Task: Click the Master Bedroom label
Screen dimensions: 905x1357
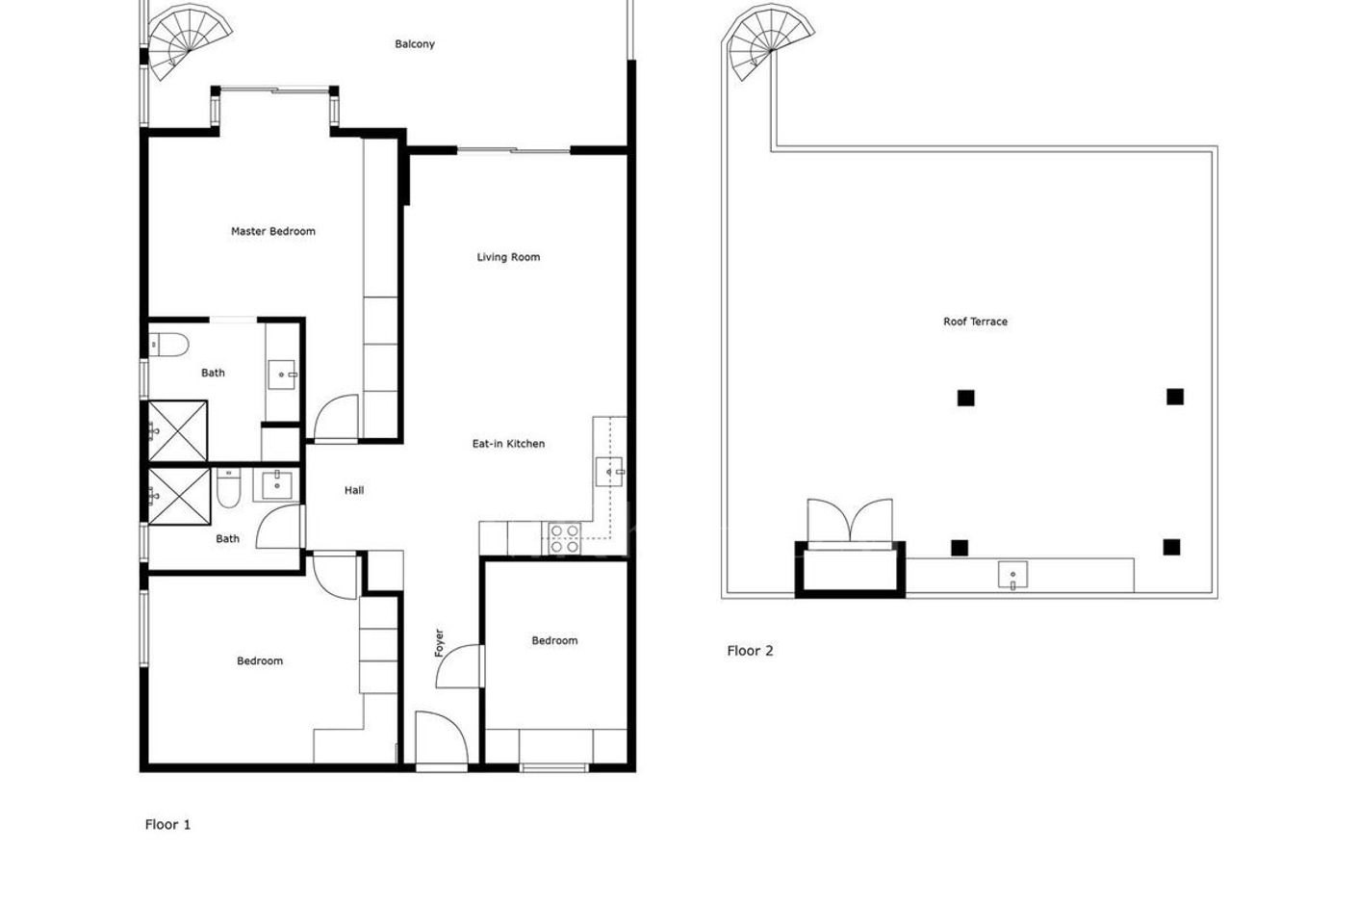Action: pyautogui.click(x=272, y=231)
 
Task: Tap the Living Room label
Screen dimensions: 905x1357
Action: pyautogui.click(x=508, y=257)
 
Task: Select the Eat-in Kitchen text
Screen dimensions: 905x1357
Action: pyautogui.click(x=508, y=444)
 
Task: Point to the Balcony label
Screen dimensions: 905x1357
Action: pyautogui.click(x=415, y=44)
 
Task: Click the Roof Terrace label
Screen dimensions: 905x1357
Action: pyautogui.click(x=975, y=322)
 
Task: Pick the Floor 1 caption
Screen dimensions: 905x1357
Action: pyautogui.click(x=167, y=824)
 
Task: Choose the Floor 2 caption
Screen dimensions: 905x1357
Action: pyautogui.click(x=750, y=651)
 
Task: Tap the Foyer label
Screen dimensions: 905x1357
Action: pyautogui.click(x=439, y=643)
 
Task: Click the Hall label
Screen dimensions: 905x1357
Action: pyautogui.click(x=354, y=490)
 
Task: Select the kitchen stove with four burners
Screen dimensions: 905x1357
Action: pyautogui.click(x=563, y=538)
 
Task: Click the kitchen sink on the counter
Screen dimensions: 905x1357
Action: pyautogui.click(x=610, y=472)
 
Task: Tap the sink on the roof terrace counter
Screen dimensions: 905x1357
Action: pyautogui.click(x=1012, y=576)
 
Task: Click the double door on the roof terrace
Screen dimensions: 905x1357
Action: pyautogui.click(x=850, y=521)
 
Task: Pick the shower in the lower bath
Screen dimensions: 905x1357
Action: pyautogui.click(x=178, y=497)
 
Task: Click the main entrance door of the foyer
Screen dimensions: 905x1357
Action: pyautogui.click(x=440, y=739)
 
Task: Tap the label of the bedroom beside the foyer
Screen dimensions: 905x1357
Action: pyautogui.click(x=554, y=640)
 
